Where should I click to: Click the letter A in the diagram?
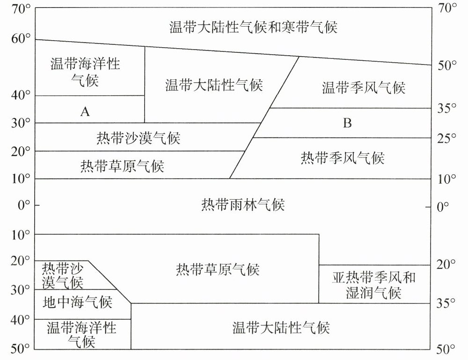[85, 111]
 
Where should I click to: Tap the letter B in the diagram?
[347, 123]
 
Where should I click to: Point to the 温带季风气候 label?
[363, 87]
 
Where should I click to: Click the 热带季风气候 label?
[342, 158]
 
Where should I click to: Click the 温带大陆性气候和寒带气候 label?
[253, 27]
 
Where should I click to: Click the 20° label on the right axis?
[446, 265]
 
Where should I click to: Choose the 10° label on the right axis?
[446, 179]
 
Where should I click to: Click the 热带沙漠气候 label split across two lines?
[63, 275]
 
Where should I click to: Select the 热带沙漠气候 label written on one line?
[138, 138]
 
